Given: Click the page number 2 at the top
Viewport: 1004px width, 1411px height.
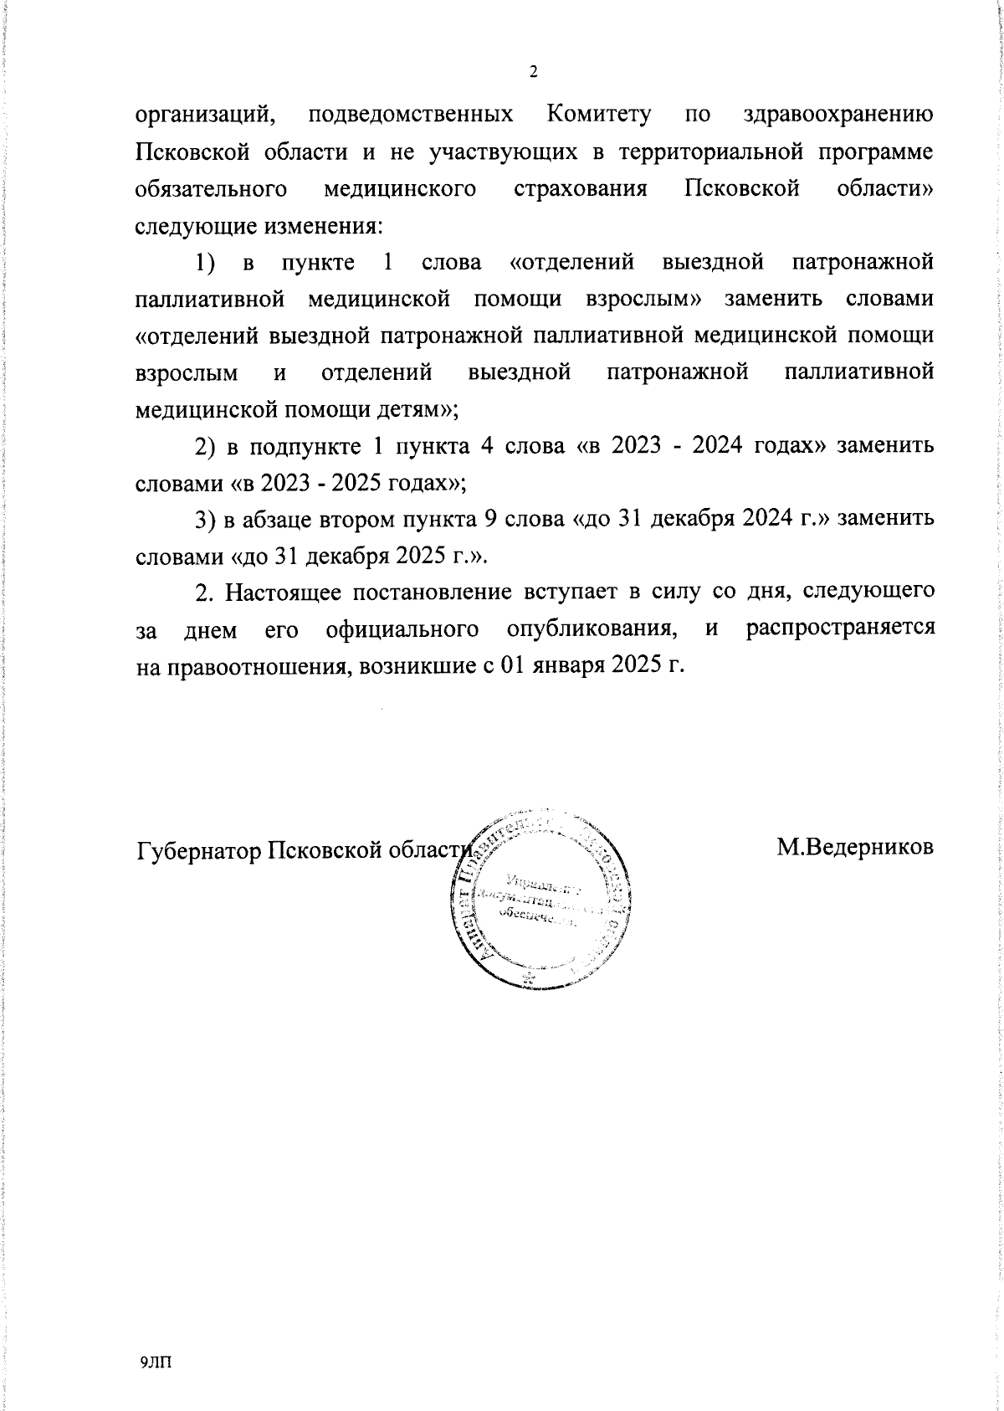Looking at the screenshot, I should click(x=534, y=72).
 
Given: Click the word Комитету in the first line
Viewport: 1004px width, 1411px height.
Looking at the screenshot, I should click(x=598, y=115).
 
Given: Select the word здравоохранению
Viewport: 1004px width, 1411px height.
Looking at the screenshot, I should click(x=838, y=115).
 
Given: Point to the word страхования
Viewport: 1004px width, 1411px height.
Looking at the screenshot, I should click(x=580, y=189).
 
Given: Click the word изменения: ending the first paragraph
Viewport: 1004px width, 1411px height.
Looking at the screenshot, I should click(x=323, y=226).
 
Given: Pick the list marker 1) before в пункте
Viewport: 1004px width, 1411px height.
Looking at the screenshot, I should click(x=207, y=263).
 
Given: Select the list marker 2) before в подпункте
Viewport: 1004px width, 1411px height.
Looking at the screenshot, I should click(x=207, y=447).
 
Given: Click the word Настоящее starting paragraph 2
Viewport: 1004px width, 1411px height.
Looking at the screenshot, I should click(x=275, y=593).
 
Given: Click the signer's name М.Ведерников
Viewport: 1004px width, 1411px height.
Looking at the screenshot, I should click(x=854, y=847).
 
